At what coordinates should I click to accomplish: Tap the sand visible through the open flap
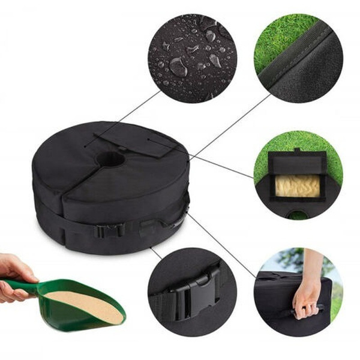(296, 187)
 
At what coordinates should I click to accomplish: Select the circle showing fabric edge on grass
(298, 58)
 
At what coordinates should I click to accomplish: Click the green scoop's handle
(24, 287)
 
